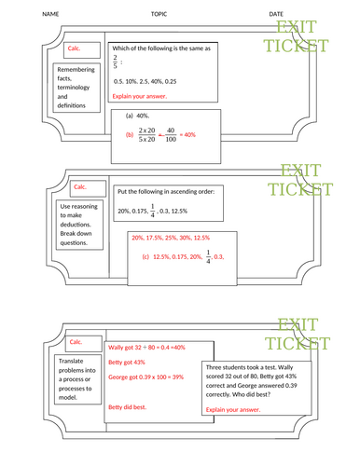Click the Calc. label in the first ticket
[x=78, y=48]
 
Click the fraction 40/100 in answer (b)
[x=172, y=135]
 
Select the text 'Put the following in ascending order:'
[x=166, y=191]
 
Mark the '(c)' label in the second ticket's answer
[x=146, y=256]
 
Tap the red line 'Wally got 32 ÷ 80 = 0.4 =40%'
[x=147, y=347]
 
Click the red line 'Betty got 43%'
[x=127, y=362]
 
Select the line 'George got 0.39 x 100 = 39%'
[x=151, y=377]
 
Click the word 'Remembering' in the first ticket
[x=77, y=70]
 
